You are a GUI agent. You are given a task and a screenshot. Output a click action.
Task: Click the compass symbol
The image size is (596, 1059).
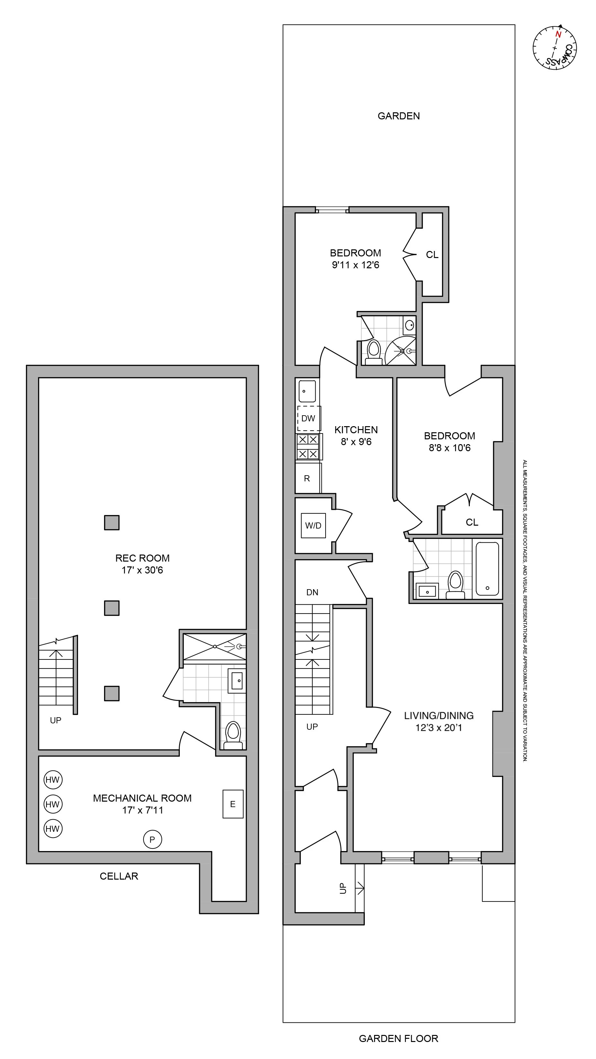tap(555, 48)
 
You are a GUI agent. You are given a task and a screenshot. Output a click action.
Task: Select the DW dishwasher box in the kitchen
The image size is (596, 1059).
tap(308, 418)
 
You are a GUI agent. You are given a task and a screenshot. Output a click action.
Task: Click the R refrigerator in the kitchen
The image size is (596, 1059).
tap(307, 478)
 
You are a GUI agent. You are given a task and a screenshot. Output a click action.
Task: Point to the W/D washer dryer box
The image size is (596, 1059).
tap(313, 525)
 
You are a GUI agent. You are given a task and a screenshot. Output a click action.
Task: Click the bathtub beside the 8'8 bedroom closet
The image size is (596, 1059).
tap(487, 569)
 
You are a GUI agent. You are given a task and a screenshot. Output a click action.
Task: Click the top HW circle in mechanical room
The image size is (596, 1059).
tap(53, 780)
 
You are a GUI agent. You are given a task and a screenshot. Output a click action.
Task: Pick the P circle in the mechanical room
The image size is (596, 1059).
tap(152, 839)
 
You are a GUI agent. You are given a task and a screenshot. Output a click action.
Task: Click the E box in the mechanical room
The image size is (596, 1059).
tap(233, 804)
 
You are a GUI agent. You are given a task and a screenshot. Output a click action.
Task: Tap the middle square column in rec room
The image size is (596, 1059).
tap(111, 608)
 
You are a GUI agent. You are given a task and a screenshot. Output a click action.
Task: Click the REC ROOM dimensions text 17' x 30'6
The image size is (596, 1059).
tap(142, 570)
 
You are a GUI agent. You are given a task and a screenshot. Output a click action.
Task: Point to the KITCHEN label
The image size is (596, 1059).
tap(356, 430)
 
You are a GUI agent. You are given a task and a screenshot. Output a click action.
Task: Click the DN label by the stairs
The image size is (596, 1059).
tap(312, 592)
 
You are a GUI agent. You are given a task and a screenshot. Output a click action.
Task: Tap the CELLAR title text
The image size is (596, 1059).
tap(119, 876)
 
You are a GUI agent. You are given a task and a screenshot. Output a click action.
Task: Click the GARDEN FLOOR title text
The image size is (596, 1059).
tap(398, 1038)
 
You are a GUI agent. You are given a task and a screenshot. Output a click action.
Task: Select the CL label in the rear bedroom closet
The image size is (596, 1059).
tap(432, 255)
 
